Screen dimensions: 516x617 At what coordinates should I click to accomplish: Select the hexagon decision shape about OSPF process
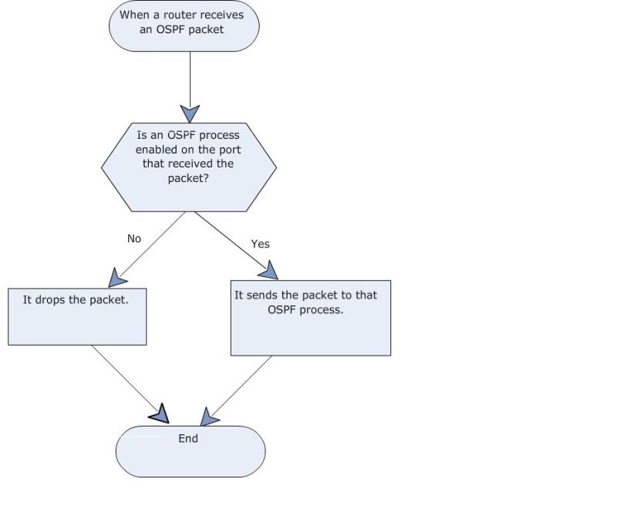[x=189, y=165]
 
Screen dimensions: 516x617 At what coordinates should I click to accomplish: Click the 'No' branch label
[x=134, y=239]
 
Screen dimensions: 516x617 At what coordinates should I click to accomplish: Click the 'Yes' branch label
[x=261, y=244]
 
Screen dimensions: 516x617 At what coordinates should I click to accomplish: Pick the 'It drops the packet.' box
[x=77, y=316]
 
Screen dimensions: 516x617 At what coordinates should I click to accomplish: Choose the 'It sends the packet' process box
[x=310, y=318]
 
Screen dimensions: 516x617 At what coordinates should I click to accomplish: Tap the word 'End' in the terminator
[x=188, y=438]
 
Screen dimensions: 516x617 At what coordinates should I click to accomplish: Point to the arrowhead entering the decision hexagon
[x=190, y=113]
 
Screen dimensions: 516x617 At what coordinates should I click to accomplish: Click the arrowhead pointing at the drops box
[x=116, y=277]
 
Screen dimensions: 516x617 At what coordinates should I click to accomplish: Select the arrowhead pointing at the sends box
[x=267, y=269]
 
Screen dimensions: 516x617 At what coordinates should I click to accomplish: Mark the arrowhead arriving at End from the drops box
[x=160, y=414]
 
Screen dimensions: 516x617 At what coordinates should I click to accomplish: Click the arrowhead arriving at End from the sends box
[x=208, y=417]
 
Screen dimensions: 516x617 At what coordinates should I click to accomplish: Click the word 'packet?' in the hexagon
[x=189, y=178]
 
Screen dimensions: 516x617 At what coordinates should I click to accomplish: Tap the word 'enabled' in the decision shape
[x=157, y=150]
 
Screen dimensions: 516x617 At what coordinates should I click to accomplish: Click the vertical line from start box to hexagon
[x=190, y=77]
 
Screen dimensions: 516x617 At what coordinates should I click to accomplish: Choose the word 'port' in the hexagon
[x=230, y=150]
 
